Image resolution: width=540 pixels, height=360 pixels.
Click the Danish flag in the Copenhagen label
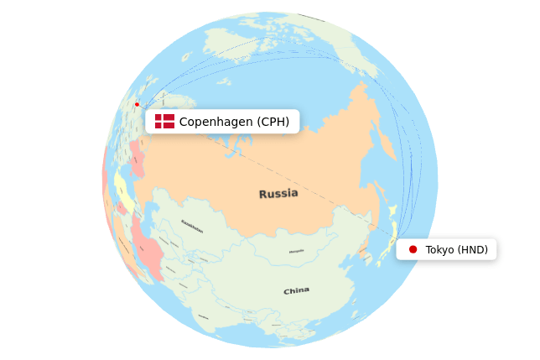pos(164,122)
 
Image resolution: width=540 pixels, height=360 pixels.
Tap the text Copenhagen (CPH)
pos(234,122)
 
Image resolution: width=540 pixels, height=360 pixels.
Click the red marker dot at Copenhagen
pos(138,104)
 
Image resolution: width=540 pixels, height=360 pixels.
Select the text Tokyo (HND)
pos(456,249)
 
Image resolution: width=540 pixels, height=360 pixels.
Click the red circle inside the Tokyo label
pos(413,249)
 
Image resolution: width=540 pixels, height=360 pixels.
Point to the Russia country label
pos(278,194)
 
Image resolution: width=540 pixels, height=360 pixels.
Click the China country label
pos(296,291)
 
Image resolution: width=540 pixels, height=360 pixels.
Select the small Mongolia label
pos(297,252)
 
